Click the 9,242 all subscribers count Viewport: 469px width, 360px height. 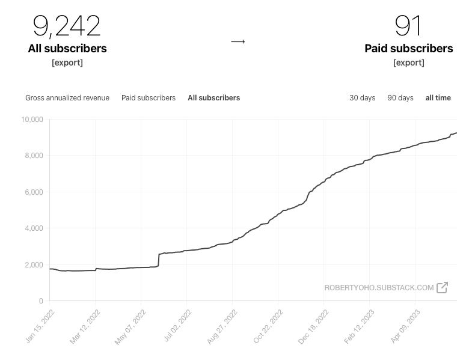tap(67, 26)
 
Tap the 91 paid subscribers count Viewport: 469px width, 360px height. tap(408, 26)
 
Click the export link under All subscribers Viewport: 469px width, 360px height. tap(67, 63)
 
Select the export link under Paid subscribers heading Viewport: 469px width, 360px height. tap(409, 63)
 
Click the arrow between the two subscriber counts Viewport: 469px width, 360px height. tap(238, 41)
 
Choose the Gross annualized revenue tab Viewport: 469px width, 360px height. tap(67, 98)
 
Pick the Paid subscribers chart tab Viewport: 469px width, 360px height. tap(149, 98)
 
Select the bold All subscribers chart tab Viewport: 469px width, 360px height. tap(214, 98)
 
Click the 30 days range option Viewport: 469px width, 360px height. tap(362, 98)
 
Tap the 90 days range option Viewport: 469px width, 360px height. tap(400, 98)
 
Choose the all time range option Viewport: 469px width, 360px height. tap(438, 98)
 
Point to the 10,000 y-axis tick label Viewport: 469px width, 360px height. tap(32, 120)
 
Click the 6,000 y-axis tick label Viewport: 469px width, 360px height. tap(34, 192)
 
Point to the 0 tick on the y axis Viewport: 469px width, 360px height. tap(41, 301)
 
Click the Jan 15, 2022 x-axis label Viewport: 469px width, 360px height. tap(40, 326)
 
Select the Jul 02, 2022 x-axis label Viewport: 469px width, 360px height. tap(177, 326)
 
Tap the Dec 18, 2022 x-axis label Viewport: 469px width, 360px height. tap(313, 327)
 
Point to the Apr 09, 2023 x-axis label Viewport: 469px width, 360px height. tap(405, 326)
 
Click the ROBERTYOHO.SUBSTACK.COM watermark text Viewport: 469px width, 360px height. tap(379, 288)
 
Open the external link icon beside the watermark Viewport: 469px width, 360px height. tap(443, 287)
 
